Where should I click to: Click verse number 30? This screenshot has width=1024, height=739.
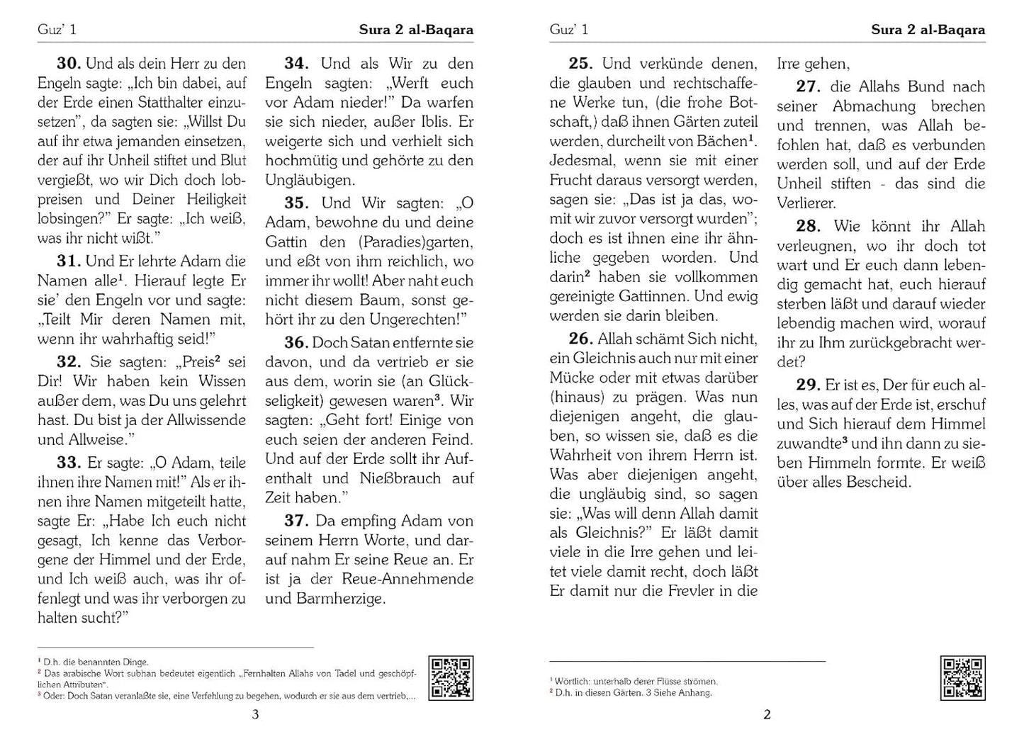[69, 64]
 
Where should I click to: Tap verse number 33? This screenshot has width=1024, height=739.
[69, 463]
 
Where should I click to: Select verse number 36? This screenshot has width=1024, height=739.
[296, 343]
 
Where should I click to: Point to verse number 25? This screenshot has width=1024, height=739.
[581, 64]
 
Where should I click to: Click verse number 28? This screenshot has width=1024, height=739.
[809, 227]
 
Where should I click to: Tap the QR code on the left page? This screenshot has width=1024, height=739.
[451, 678]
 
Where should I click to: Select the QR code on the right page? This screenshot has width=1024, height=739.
[962, 678]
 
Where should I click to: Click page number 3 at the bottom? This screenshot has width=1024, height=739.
[256, 715]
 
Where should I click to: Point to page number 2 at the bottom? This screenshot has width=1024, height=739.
[767, 715]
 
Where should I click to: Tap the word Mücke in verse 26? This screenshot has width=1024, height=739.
[573, 378]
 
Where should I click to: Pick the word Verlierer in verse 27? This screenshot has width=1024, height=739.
[806, 203]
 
